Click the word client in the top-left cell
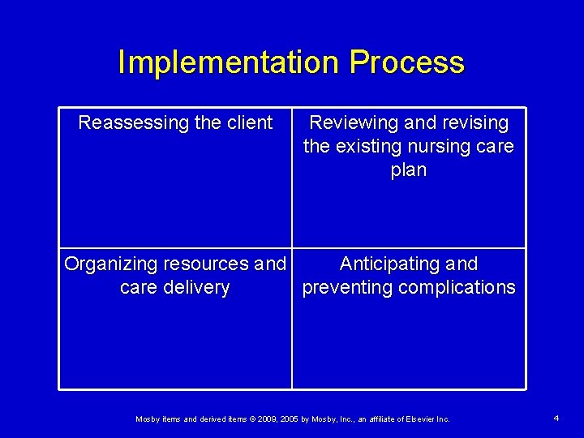point(247,123)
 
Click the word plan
point(408,170)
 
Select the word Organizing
point(110,264)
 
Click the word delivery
point(197,288)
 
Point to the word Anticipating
point(389,264)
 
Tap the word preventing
point(345,288)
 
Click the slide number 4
point(556,418)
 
